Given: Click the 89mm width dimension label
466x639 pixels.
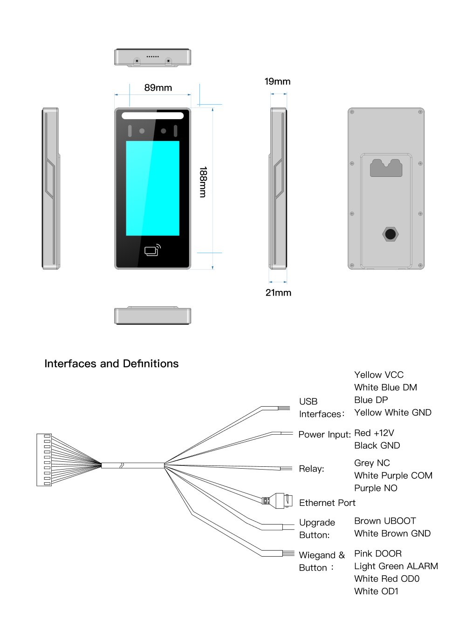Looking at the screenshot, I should [158, 88].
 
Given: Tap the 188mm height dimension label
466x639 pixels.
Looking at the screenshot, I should [203, 182].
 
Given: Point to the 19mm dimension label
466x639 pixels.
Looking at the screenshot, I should [277, 81].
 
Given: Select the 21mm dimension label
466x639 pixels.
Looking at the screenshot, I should [278, 293].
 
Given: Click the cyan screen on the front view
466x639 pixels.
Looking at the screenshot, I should [152, 188].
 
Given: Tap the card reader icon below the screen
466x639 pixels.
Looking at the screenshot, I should [152, 250].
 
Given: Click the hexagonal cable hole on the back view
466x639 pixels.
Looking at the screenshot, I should [390, 234].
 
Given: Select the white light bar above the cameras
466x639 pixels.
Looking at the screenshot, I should [152, 116].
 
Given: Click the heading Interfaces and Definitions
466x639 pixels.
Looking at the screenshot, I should [111, 363].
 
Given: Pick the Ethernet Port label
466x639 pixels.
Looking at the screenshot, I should [327, 503].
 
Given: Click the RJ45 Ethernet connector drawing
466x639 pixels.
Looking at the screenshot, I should [278, 500].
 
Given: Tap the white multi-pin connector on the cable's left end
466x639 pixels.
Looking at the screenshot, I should [44, 460].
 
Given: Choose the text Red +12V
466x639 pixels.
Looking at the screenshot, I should [374, 433].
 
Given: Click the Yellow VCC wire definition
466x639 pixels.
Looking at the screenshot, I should [379, 375].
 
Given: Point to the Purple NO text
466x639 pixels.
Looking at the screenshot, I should [376, 488].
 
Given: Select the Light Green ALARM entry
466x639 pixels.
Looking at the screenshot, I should [396, 566].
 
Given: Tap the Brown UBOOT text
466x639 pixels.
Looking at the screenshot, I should [385, 521].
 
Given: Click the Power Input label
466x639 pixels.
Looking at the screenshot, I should [324, 434].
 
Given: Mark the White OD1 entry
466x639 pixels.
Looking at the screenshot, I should [376, 591].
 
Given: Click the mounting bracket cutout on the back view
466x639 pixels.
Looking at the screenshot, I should [386, 168].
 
